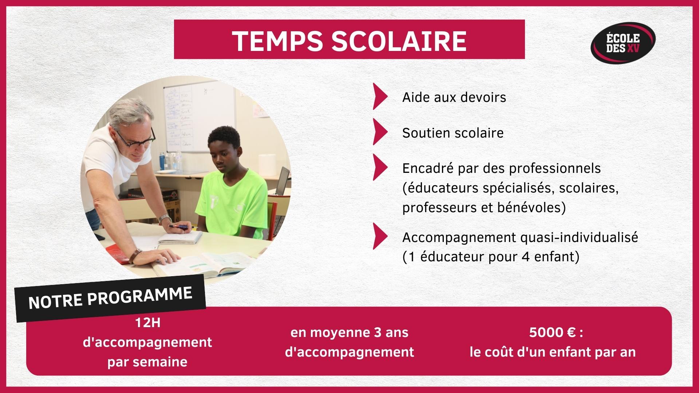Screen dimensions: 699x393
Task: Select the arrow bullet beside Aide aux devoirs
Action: coord(380,96)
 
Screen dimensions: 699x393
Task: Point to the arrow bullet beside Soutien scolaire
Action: coord(380,132)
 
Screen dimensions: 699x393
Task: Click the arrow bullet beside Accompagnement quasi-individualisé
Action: coord(380,237)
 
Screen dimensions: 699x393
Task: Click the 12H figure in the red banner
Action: coord(147,322)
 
